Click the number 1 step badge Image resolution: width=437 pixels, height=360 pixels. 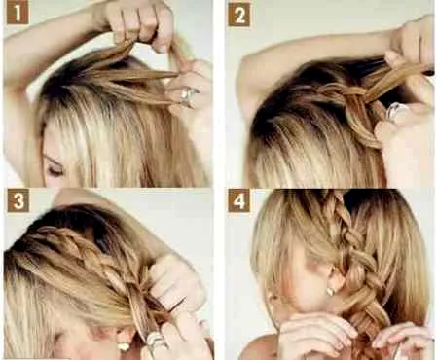(18, 14)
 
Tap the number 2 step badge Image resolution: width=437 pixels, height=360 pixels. (239, 16)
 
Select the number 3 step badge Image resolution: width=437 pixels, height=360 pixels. (18, 201)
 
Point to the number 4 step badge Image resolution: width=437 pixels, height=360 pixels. (238, 200)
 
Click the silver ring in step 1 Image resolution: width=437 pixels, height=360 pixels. (188, 95)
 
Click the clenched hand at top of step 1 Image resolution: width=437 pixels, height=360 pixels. (139, 22)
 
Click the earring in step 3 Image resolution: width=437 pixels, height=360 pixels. (124, 346)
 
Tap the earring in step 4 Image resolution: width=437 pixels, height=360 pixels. (330, 290)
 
